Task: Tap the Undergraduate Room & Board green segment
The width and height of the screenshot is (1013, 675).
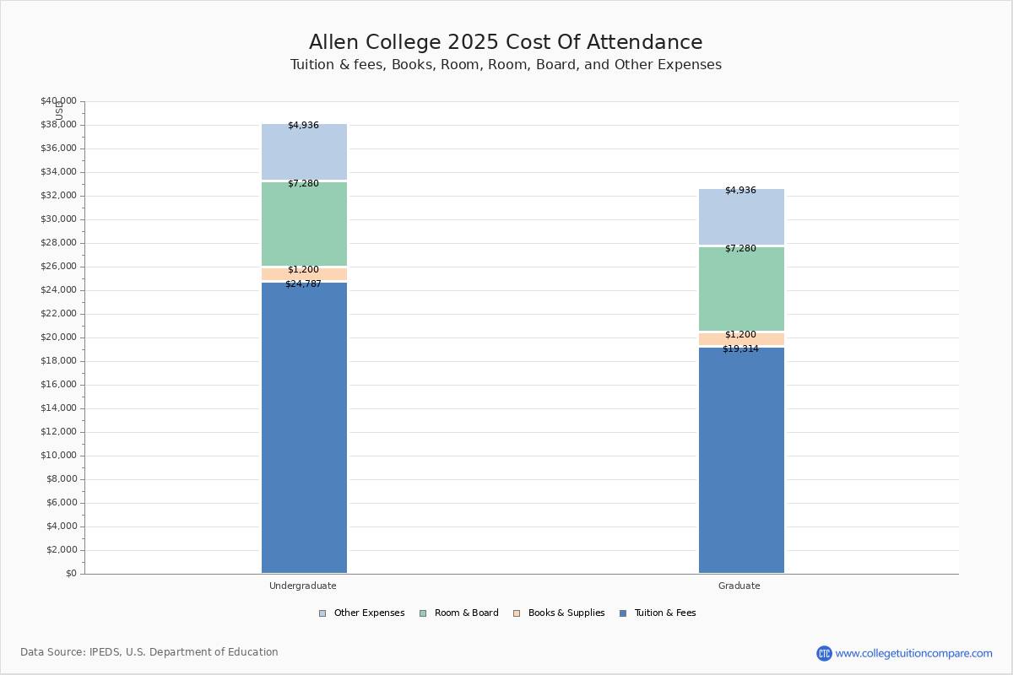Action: pyautogui.click(x=304, y=224)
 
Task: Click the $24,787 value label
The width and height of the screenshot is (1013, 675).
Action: pyautogui.click(x=303, y=284)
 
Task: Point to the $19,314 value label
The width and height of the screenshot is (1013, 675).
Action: pyautogui.click(x=740, y=349)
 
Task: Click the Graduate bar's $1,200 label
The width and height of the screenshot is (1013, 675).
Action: pyautogui.click(x=740, y=335)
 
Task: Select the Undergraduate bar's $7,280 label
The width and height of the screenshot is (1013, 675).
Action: pyautogui.click(x=303, y=184)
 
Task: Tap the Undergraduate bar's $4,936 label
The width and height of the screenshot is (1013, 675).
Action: pyautogui.click(x=303, y=126)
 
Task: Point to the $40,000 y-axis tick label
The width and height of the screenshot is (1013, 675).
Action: pyautogui.click(x=58, y=101)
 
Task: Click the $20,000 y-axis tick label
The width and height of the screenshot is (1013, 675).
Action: pyautogui.click(x=58, y=337)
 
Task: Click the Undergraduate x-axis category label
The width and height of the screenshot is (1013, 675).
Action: pyautogui.click(x=303, y=586)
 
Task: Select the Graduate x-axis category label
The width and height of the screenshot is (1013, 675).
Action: pyautogui.click(x=739, y=586)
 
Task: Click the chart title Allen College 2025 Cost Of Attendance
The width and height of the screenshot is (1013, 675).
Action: pyautogui.click(x=506, y=43)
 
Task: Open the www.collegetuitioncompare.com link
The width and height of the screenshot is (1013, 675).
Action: pyautogui.click(x=913, y=653)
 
